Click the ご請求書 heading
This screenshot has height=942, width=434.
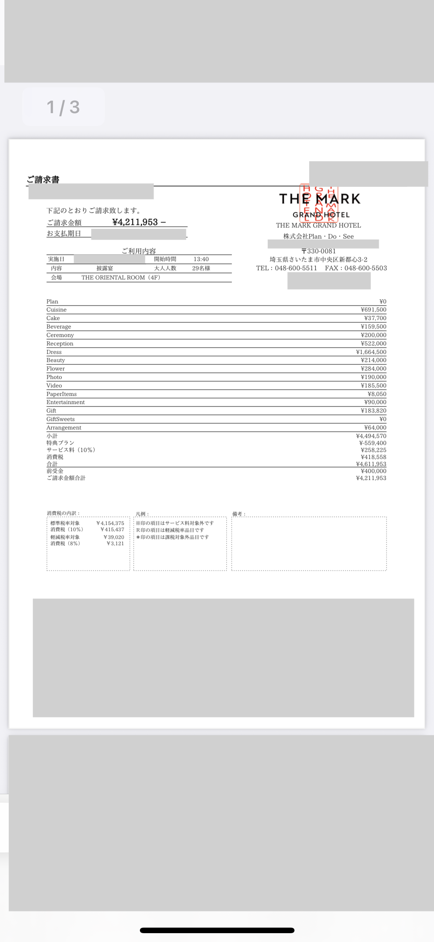[43, 179]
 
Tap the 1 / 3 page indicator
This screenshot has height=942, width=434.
[63, 107]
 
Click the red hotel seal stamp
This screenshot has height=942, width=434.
[319, 203]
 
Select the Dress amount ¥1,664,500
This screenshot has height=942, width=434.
[371, 352]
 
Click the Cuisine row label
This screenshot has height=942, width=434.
[56, 310]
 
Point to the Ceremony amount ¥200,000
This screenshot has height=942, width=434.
[373, 335]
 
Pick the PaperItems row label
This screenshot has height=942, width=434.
[61, 394]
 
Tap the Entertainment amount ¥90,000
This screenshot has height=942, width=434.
[375, 402]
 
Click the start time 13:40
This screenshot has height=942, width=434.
[201, 259]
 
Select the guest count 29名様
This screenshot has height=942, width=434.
[201, 268]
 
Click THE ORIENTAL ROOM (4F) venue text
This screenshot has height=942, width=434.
[121, 278]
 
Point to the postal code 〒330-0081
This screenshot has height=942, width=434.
[318, 251]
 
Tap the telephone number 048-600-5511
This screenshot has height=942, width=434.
[296, 268]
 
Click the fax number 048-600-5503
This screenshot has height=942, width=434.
[366, 268]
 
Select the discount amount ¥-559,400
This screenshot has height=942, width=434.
[373, 443]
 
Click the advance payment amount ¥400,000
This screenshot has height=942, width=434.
[373, 471]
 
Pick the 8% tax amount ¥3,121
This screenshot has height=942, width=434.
[115, 543]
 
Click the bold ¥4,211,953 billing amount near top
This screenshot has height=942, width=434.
[135, 222]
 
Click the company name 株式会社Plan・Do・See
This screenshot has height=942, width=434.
[318, 236]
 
